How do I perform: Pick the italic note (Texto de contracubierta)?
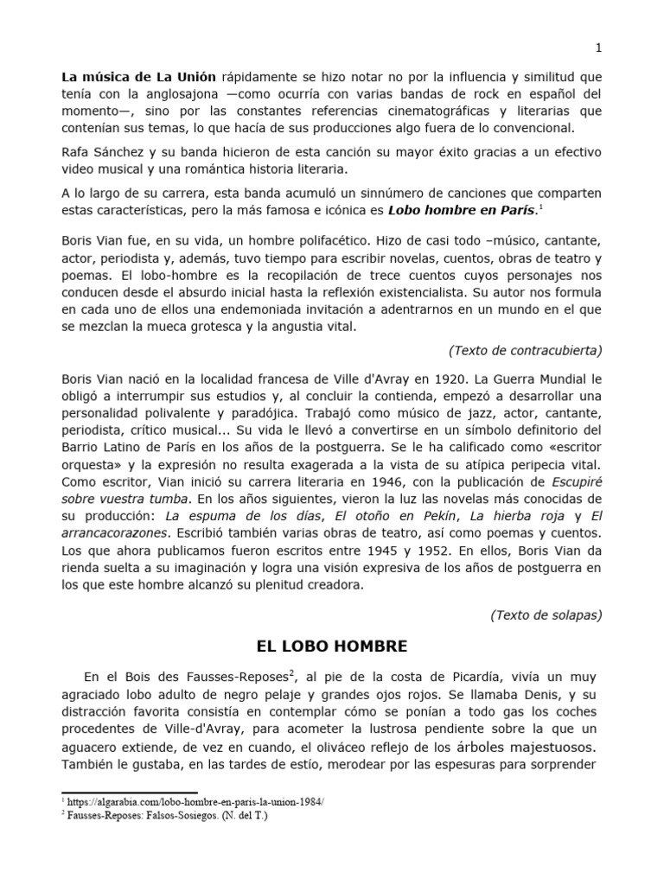525,350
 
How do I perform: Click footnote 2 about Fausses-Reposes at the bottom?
164,815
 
